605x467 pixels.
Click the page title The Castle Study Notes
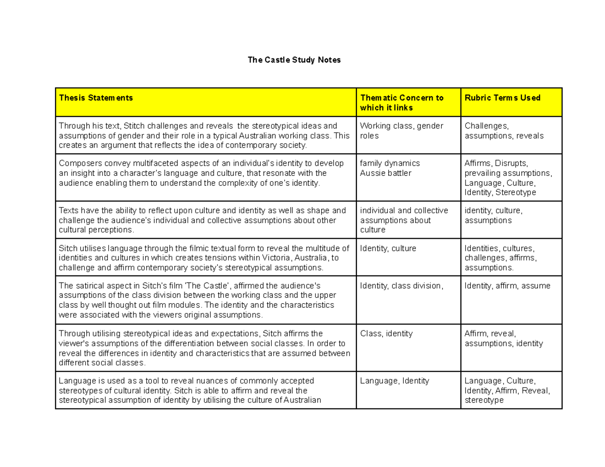[294, 60]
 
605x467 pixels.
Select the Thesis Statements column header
[96, 98]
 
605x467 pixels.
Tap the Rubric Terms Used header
[502, 98]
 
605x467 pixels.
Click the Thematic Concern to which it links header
[401, 103]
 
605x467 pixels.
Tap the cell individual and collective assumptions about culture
[396, 220]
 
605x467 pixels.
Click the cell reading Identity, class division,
[402, 286]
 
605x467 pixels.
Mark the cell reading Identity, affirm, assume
[507, 286]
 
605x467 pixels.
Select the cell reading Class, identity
[386, 333]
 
